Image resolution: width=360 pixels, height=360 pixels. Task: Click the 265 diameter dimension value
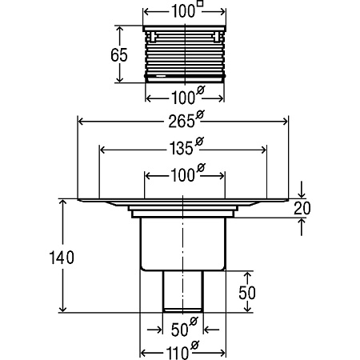(x=181, y=122)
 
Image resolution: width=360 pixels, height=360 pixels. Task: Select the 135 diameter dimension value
(x=181, y=149)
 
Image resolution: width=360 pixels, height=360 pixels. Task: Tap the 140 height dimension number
(x=62, y=258)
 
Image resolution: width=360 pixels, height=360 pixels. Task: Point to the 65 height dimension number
(x=119, y=55)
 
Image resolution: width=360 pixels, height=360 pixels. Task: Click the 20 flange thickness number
(x=302, y=208)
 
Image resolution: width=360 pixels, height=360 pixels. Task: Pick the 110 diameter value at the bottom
(x=177, y=353)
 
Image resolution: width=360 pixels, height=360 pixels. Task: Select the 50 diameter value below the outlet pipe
(x=179, y=330)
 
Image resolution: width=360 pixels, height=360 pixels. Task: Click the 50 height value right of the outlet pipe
(x=247, y=293)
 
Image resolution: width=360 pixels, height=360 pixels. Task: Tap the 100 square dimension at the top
(x=183, y=12)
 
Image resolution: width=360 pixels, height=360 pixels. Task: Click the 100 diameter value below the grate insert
(x=183, y=98)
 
